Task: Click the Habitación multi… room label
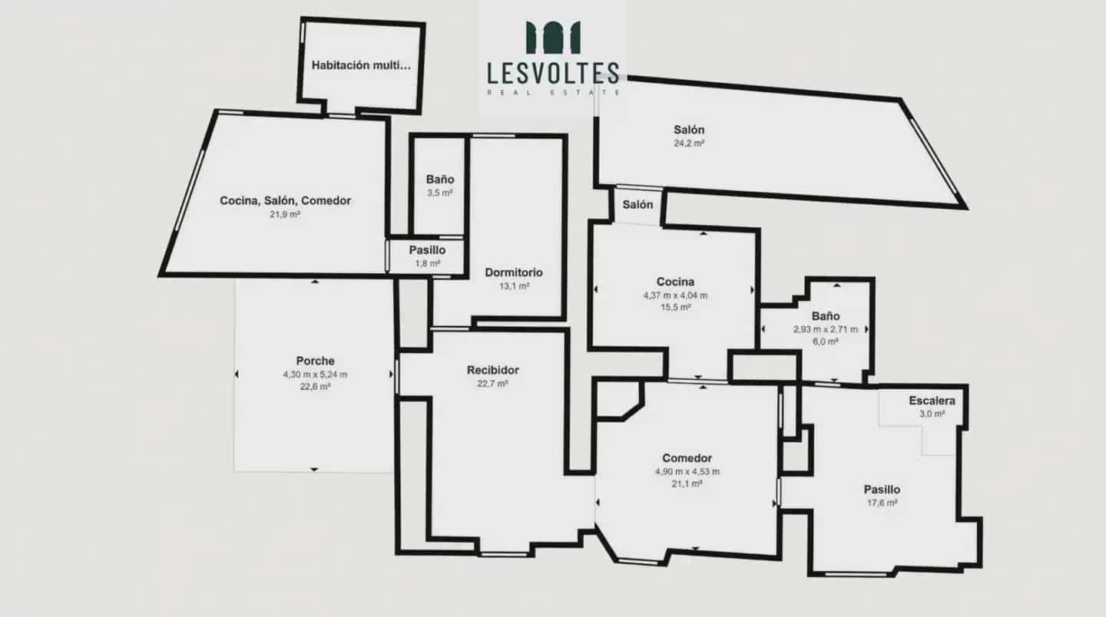[x=361, y=65]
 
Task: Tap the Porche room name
[x=315, y=361]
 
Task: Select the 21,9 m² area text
[x=285, y=214]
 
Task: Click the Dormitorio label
[x=514, y=272]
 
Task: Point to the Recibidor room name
[x=493, y=370]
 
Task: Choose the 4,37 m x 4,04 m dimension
[x=675, y=295]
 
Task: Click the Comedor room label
[x=687, y=458]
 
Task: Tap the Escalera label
[x=932, y=401]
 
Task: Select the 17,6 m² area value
[x=882, y=503]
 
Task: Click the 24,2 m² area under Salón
[x=689, y=143]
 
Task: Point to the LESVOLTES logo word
[x=553, y=73]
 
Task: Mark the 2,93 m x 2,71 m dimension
[x=826, y=329]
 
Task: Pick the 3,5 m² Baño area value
[x=440, y=193]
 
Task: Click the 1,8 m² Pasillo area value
[x=428, y=263]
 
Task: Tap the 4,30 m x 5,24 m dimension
[x=315, y=374]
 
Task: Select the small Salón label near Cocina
[x=637, y=205]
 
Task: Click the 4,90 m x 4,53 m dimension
[x=687, y=471]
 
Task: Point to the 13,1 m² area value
[x=514, y=285]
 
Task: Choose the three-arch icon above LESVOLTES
[x=553, y=38]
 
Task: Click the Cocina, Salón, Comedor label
[x=285, y=201]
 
